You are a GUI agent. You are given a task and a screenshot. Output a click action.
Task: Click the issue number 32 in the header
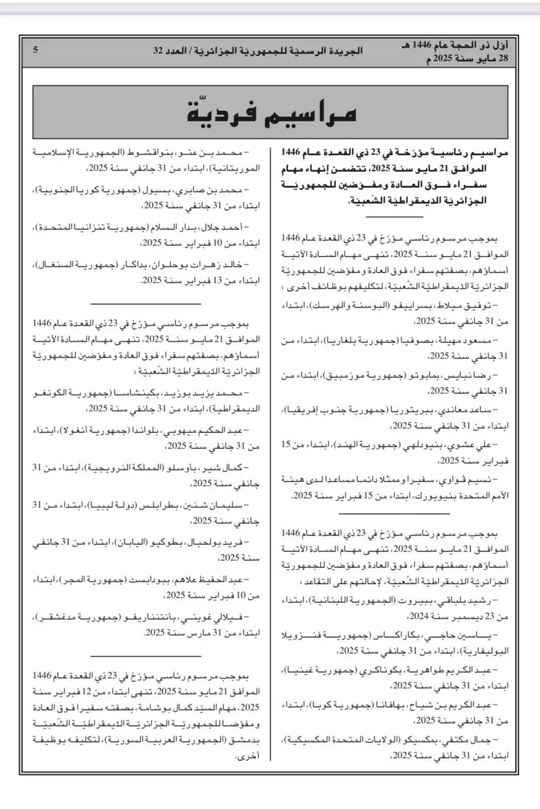point(158,50)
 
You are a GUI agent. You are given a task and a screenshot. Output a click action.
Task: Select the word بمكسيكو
point(425,741)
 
